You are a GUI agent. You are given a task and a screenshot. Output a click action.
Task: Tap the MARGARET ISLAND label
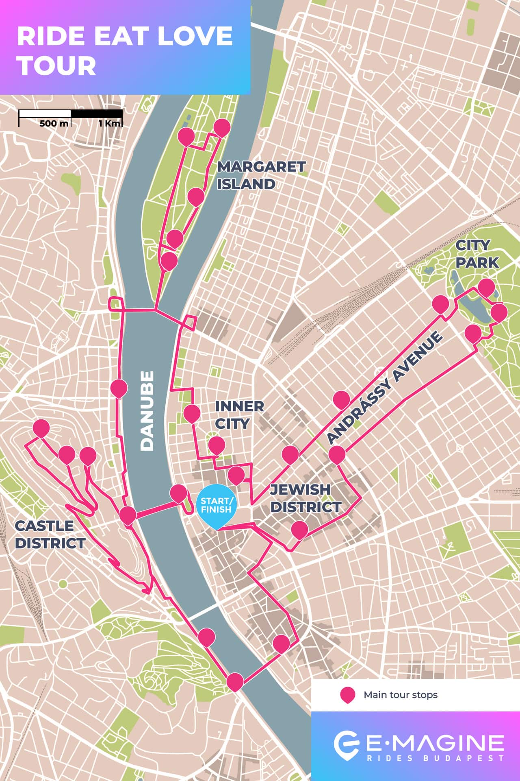[261, 175]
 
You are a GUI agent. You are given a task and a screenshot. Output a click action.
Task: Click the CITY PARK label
[477, 254]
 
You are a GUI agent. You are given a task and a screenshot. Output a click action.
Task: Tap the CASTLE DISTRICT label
[50, 534]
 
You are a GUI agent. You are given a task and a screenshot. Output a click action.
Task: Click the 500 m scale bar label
[54, 124]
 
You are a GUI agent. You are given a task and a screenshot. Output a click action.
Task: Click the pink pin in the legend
[347, 694]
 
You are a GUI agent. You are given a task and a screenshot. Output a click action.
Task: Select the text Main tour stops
[400, 695]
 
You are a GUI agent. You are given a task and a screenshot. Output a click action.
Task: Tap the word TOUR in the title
[56, 65]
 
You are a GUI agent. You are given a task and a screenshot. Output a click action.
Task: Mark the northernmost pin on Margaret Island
[222, 127]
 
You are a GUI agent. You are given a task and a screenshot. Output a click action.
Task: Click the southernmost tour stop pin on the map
[235, 681]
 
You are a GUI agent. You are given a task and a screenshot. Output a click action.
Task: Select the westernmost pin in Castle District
[41, 428]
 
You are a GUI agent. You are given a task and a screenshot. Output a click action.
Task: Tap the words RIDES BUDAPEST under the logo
[435, 758]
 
